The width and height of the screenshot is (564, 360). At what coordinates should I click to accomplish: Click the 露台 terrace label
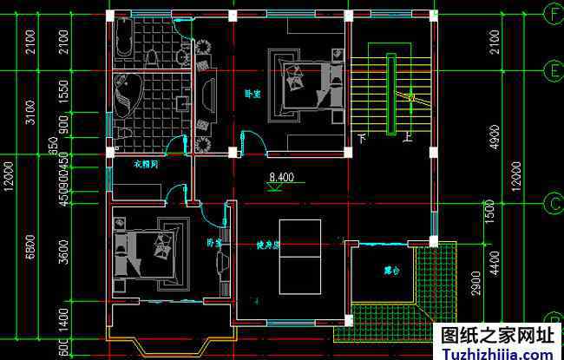392,271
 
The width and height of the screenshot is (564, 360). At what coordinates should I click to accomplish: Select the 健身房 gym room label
267,245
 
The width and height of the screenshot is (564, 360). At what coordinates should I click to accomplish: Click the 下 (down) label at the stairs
362,138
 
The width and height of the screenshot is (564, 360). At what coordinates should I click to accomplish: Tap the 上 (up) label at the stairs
406,136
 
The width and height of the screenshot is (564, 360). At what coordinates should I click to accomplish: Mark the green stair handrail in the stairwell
391,95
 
